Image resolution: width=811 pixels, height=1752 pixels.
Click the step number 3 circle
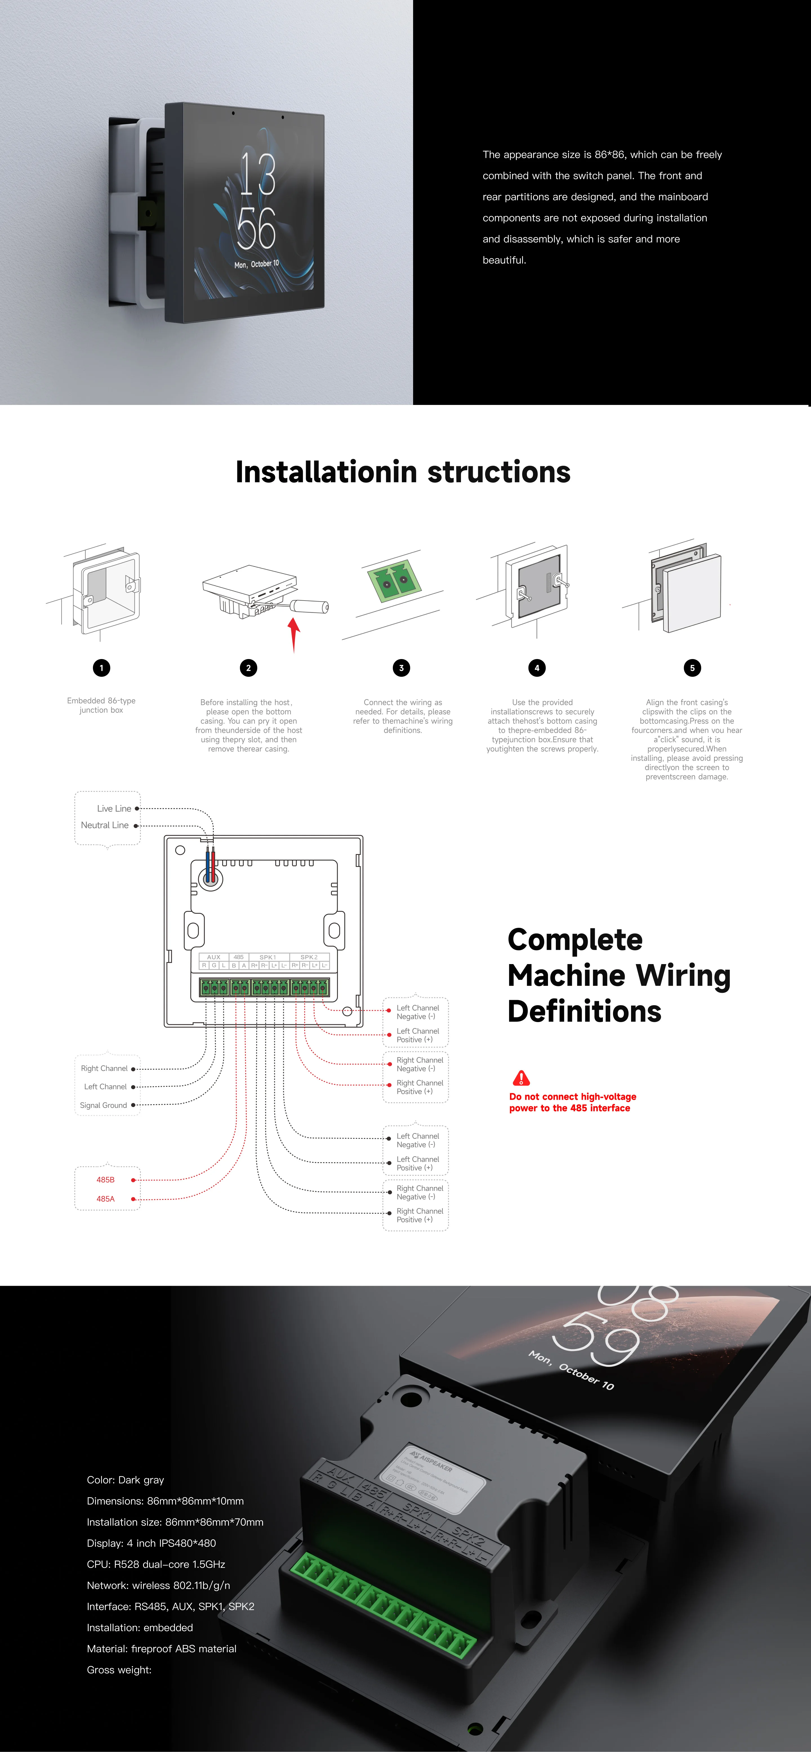(402, 668)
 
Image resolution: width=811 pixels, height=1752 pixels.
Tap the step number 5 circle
(692, 668)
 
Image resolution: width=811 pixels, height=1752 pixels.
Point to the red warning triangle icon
(521, 1078)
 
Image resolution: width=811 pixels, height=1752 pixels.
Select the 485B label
(105, 1180)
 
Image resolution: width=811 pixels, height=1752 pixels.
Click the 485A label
(105, 1199)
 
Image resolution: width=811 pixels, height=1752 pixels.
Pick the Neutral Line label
(105, 825)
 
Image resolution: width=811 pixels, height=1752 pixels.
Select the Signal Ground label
(103, 1105)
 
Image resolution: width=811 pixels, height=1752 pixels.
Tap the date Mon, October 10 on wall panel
(257, 264)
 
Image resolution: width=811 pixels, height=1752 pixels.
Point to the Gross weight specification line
(119, 1670)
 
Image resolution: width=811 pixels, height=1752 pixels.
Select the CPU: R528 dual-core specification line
(156, 1564)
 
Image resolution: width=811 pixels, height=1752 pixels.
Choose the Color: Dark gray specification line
(125, 1480)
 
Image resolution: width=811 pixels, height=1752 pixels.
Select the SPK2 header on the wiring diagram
(309, 957)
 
